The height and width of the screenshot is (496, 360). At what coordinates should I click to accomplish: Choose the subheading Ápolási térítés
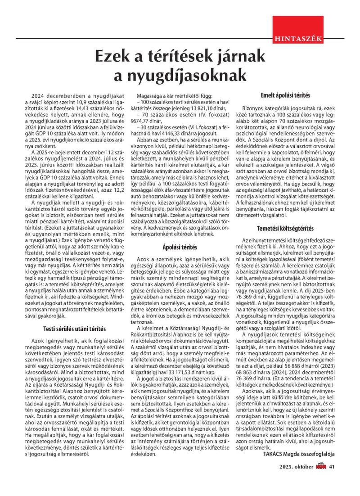180,247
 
